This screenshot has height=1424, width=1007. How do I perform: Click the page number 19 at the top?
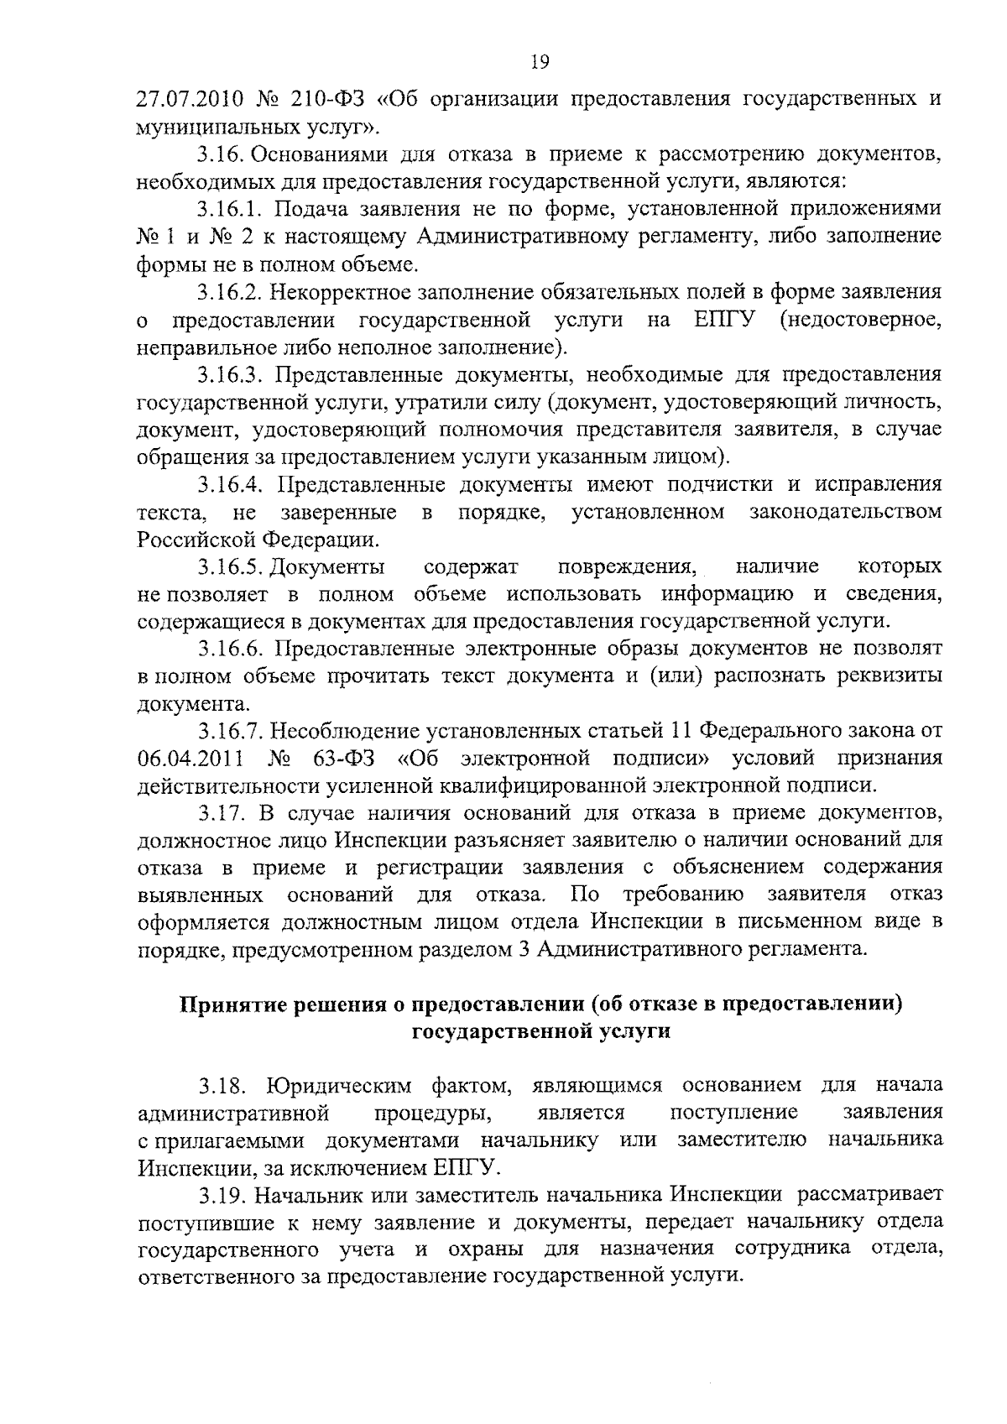[x=540, y=61]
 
